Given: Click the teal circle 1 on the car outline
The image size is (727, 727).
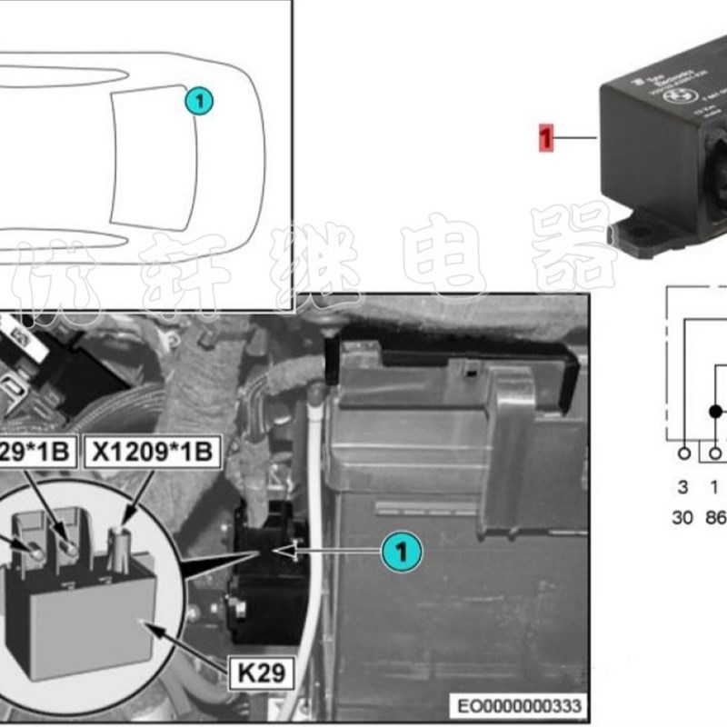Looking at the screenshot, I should click(198, 101).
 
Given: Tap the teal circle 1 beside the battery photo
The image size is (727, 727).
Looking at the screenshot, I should click(400, 551).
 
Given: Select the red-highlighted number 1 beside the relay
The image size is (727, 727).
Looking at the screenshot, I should click(546, 138).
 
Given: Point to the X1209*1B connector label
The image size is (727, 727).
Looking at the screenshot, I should click(153, 452).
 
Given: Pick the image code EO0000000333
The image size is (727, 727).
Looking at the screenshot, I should click(520, 705).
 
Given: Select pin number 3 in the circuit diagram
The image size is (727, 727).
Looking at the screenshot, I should click(683, 485).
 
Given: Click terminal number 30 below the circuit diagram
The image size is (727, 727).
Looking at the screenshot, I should click(683, 517).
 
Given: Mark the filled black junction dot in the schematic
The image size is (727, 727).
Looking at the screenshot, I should click(716, 411).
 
